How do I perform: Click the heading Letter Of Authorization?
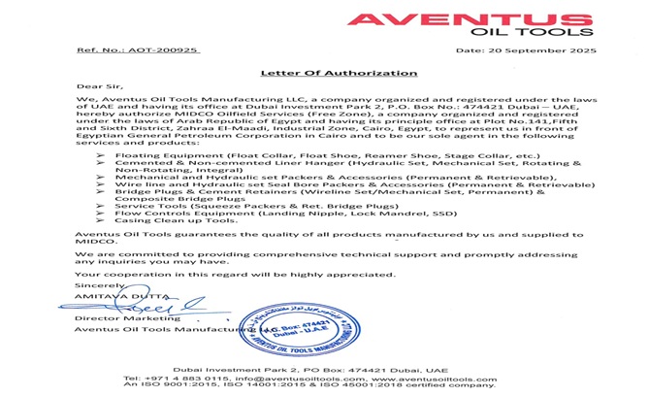click(x=324, y=73)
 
